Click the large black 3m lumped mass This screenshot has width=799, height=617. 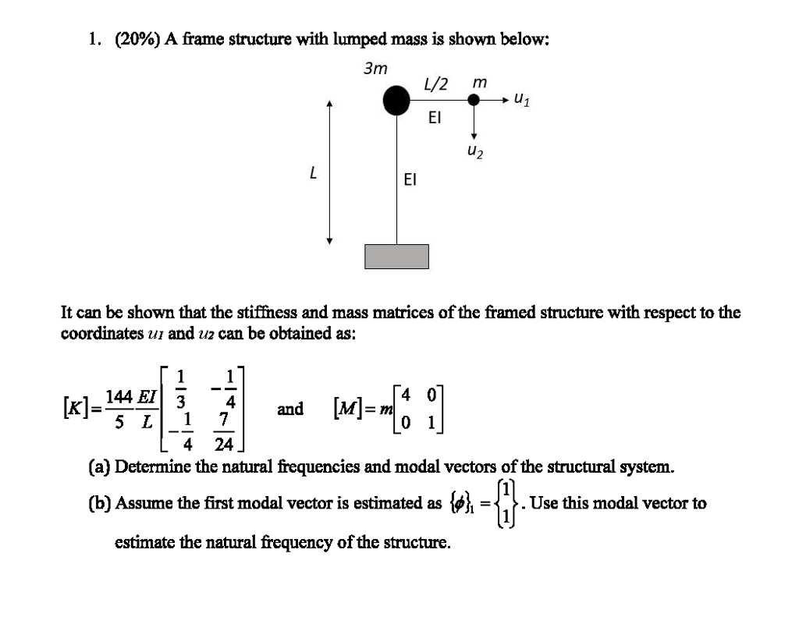pos(396,101)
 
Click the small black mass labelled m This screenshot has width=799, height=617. pos(474,100)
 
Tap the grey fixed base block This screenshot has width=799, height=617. pos(396,257)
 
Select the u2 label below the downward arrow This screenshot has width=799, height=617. pos(475,151)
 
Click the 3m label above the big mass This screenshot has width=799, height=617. pos(375,69)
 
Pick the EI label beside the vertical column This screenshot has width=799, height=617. pos(410,179)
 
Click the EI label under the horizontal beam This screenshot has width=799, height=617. pos(435,118)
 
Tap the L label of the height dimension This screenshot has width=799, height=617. pos(314,172)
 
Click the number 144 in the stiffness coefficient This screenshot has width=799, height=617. pos(119,396)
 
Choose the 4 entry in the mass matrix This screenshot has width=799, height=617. pos(406,395)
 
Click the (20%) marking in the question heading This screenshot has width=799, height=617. pos(137,39)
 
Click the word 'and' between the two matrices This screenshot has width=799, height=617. pos(290,409)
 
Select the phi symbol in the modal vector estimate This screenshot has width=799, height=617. pos(460,503)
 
